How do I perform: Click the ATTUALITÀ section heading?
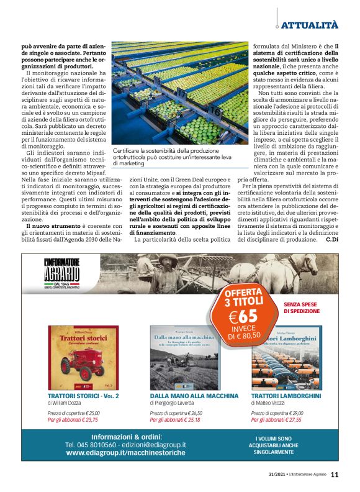click(310, 25)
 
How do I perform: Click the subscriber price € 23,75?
click(73, 419)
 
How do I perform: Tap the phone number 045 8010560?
click(97, 445)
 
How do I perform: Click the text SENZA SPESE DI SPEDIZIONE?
click(303, 308)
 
